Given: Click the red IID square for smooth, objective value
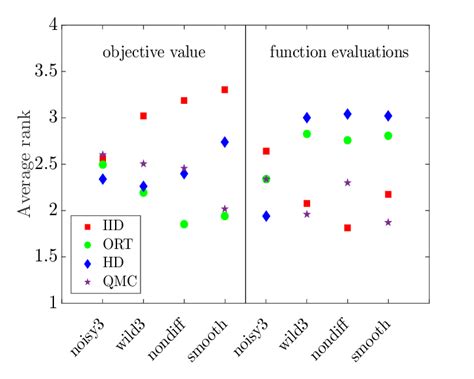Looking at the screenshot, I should [x=224, y=90].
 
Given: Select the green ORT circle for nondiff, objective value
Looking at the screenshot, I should [x=184, y=224].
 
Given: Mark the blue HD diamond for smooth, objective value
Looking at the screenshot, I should [x=224, y=142].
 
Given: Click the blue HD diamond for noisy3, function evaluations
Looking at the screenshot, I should [x=265, y=216].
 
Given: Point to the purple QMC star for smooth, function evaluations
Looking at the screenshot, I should [x=387, y=222].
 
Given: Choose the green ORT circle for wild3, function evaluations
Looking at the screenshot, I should [x=306, y=134].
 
